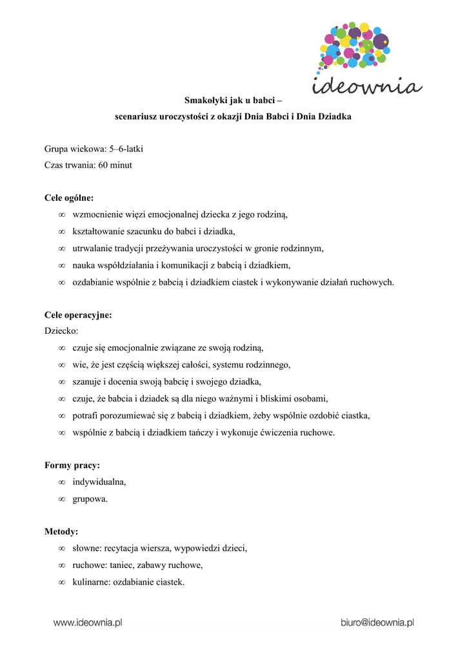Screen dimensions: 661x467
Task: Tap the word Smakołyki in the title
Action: coord(205,100)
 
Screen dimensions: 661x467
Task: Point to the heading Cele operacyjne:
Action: coord(78,315)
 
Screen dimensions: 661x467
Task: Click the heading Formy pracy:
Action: coord(72,465)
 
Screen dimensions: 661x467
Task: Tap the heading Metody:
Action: coord(61,532)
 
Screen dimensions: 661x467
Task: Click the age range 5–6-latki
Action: coord(126,149)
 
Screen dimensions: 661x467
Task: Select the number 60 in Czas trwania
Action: coord(103,165)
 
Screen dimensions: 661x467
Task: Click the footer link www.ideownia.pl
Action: coord(88,623)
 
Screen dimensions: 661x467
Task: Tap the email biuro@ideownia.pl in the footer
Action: coord(377,623)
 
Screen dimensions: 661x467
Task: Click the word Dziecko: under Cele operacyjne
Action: coord(61,331)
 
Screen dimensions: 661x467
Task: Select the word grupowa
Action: coord(90,498)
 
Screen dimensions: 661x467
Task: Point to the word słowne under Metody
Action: coord(86,548)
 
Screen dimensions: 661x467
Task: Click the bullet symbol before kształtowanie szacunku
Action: coord(62,231)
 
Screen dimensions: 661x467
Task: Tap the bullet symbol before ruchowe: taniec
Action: coord(62,565)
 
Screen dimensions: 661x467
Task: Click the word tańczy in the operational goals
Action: coord(187,432)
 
